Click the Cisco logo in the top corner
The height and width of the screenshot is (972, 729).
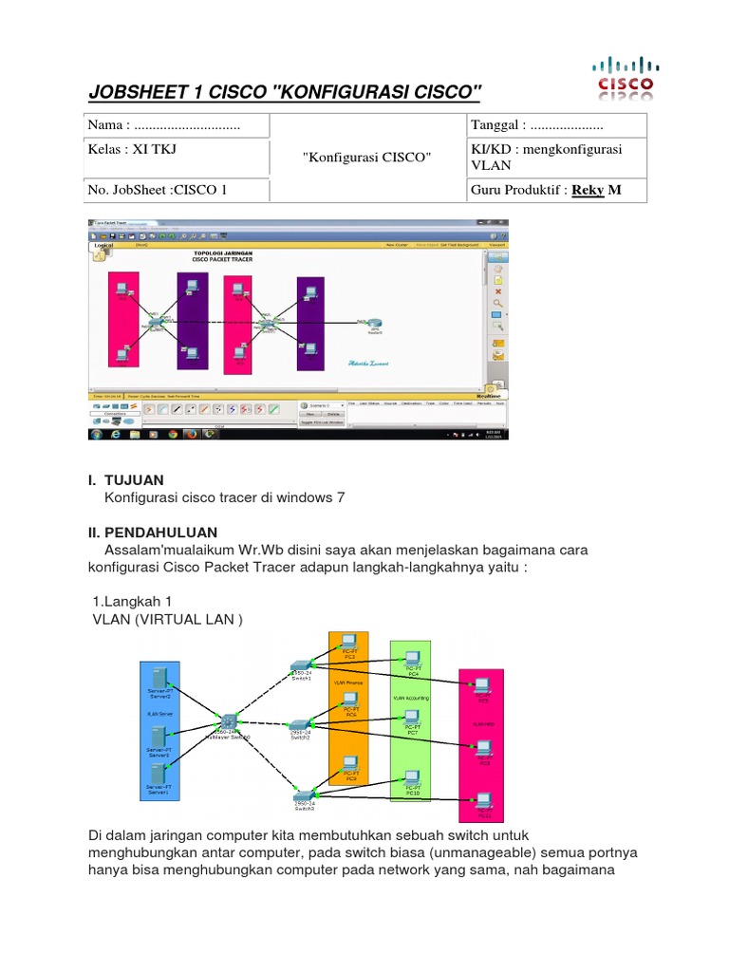coord(624,77)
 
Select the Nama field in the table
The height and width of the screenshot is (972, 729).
coord(163,125)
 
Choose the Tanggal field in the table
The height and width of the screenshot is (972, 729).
coord(536,125)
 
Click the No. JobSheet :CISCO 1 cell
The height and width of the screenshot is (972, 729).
coord(158,189)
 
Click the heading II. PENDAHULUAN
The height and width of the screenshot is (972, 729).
coord(153,532)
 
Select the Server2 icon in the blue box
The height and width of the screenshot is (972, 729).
coord(159,677)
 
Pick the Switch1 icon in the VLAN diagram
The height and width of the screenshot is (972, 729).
coord(301,666)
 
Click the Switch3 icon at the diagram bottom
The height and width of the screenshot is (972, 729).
coord(303,794)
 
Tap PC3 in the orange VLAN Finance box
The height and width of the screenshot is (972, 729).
coord(349,642)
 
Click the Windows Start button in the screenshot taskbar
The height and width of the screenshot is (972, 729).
coord(96,434)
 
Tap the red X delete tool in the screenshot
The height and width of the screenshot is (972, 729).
coord(497,291)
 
